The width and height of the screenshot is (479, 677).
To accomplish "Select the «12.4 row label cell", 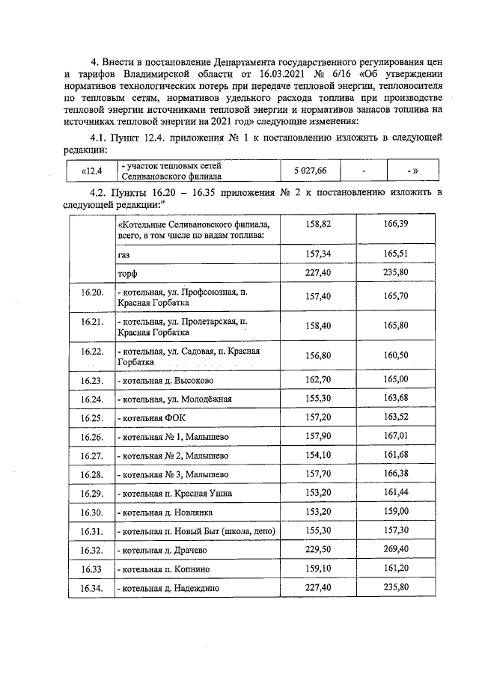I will (91, 171).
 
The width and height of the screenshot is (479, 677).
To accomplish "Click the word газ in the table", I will (124, 255).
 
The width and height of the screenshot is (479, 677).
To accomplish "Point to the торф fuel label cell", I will (127, 274).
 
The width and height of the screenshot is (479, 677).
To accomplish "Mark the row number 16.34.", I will (91, 589).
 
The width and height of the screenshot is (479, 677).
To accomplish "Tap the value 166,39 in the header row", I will (395, 224).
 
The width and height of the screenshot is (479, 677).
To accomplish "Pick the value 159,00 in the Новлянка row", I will (395, 512).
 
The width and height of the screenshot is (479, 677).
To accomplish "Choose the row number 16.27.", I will (91, 455).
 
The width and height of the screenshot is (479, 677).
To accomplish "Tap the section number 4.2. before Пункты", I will (100, 192).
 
